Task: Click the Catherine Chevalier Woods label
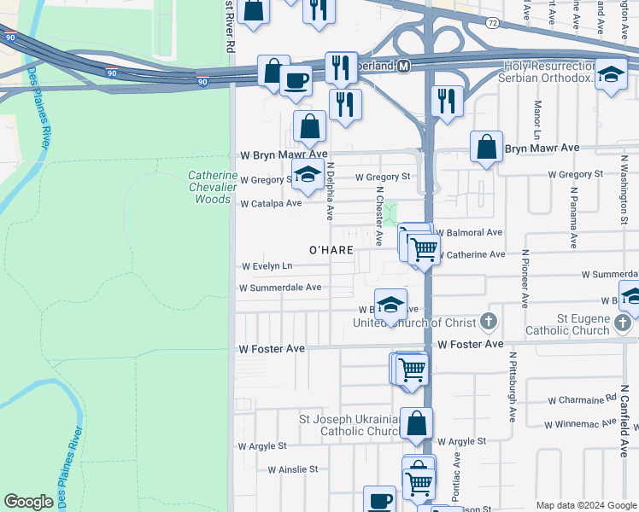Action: tap(209, 187)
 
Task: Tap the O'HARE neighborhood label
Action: tap(331, 249)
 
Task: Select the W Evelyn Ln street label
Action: tap(267, 266)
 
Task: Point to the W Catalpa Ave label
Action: tap(271, 204)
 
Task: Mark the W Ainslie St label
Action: tap(292, 469)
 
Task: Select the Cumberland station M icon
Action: tap(403, 66)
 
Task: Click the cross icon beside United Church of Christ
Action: tap(488, 322)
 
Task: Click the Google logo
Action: tap(28, 502)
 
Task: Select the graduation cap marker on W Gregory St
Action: tap(307, 176)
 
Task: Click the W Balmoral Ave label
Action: tap(470, 232)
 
